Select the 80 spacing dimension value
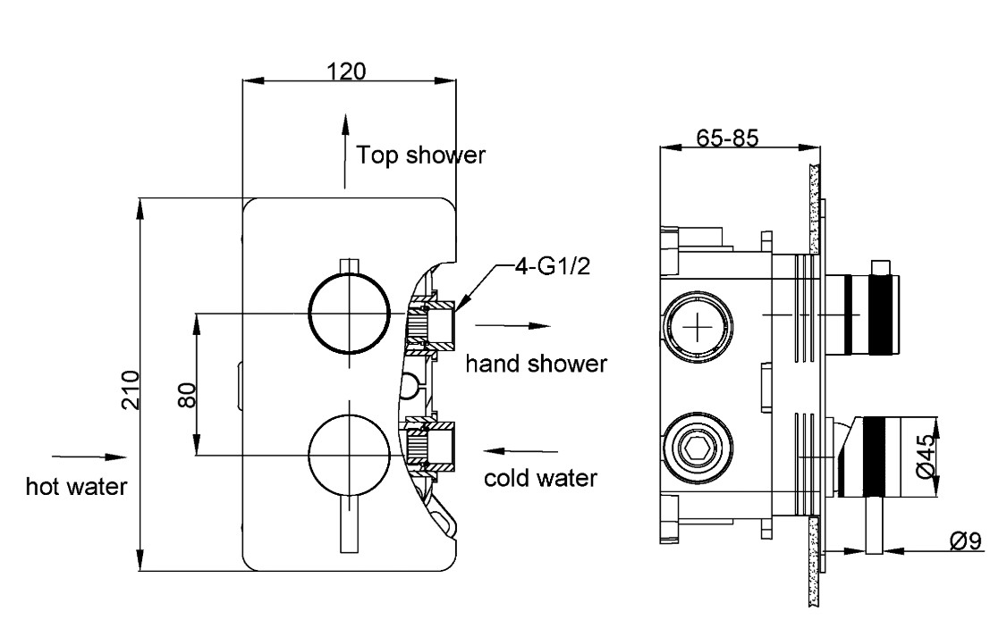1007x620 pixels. pyautogui.click(x=185, y=390)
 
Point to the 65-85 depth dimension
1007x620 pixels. pyautogui.click(x=727, y=138)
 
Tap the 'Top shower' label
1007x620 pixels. pyautogui.click(x=420, y=155)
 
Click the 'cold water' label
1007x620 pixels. pyautogui.click(x=540, y=478)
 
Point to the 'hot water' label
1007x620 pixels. pyautogui.click(x=76, y=487)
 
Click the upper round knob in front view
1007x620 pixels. pyautogui.click(x=349, y=314)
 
